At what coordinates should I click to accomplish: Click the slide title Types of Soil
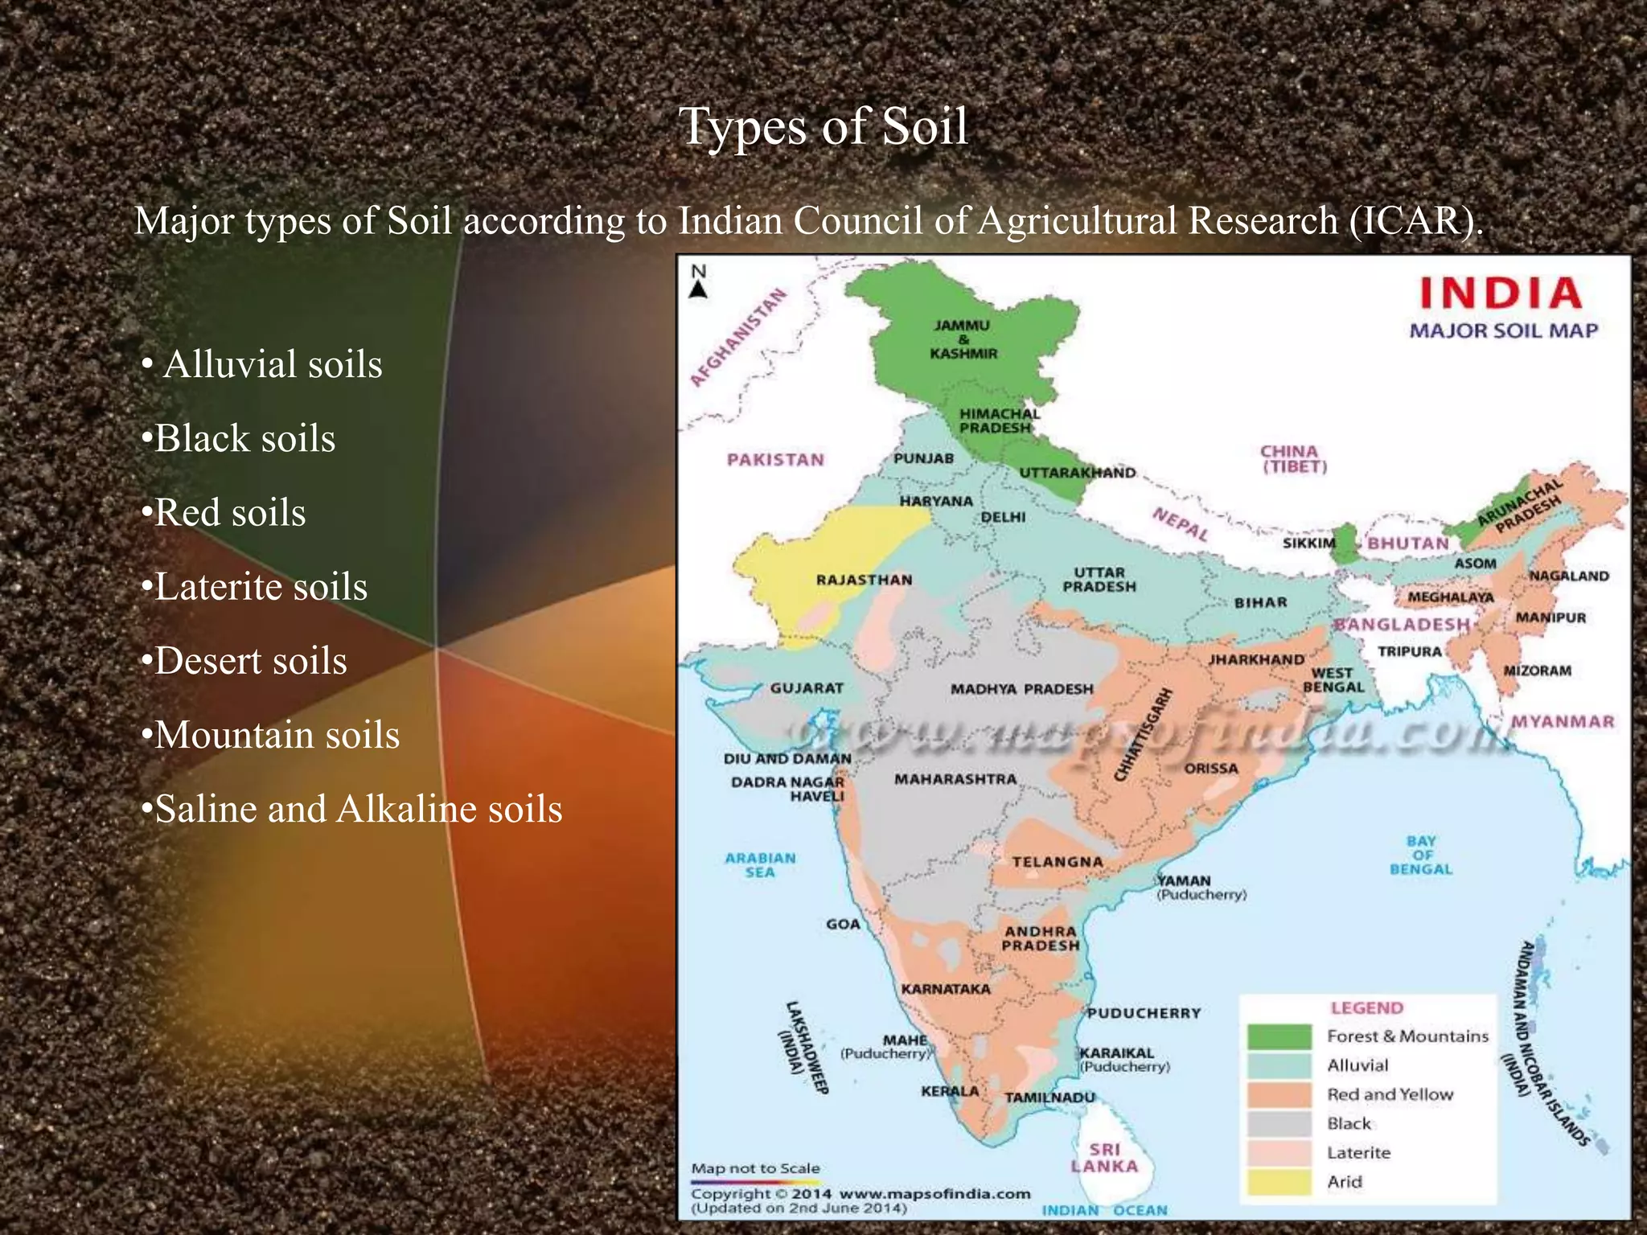(x=823, y=126)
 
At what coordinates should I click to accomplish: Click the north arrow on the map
(x=699, y=282)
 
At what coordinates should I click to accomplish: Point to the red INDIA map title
(x=1501, y=293)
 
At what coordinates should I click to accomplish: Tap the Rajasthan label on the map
(x=864, y=580)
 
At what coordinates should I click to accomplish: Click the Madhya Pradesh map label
(x=1021, y=689)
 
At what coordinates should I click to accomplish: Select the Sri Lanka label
(x=1104, y=1158)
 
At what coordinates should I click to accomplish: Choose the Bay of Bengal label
(x=1421, y=855)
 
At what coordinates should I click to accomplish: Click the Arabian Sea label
(x=760, y=865)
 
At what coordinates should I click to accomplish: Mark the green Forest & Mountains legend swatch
(x=1279, y=1036)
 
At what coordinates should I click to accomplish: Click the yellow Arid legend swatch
(x=1279, y=1182)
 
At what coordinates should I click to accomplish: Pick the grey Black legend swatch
(x=1279, y=1123)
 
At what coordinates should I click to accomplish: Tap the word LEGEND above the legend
(x=1366, y=1007)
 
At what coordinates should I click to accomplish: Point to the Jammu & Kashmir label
(x=963, y=339)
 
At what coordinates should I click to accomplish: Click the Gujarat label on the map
(x=807, y=688)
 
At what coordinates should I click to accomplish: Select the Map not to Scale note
(x=755, y=1168)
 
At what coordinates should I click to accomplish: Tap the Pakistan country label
(x=775, y=460)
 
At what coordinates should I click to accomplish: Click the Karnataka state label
(x=946, y=989)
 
